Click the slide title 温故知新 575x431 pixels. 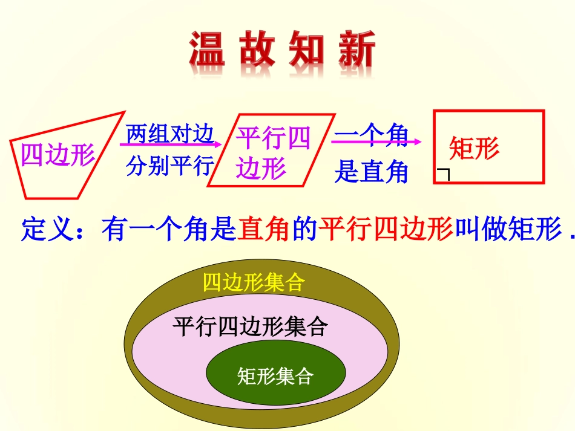(x=282, y=51)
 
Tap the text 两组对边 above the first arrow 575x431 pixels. (x=169, y=134)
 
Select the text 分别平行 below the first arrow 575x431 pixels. (x=169, y=166)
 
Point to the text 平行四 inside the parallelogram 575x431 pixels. (x=273, y=138)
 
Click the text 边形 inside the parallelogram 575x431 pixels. (x=261, y=169)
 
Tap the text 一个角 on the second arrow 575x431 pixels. (x=372, y=136)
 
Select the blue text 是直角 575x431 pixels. (x=371, y=173)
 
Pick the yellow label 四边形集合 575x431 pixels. (x=253, y=283)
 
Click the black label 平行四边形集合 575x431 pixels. (x=251, y=327)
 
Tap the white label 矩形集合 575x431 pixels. (x=275, y=377)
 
